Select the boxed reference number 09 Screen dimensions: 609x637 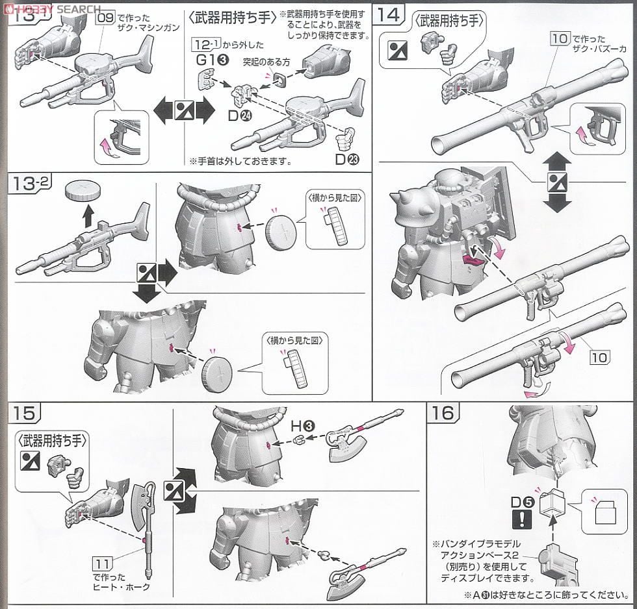(104, 18)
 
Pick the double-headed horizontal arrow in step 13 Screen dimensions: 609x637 (184, 108)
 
